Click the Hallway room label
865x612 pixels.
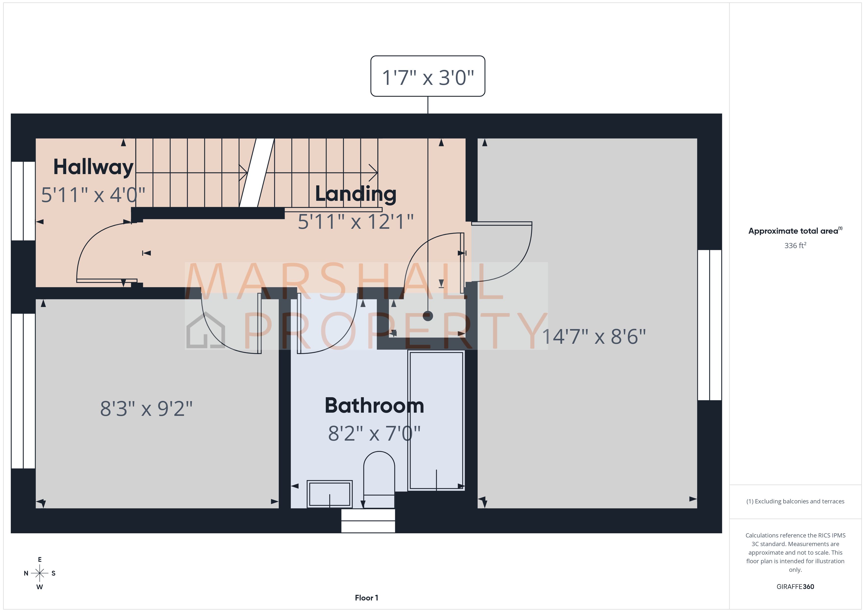93,167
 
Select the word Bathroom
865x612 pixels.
374,406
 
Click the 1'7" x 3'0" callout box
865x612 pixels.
428,76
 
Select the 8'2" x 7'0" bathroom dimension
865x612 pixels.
374,433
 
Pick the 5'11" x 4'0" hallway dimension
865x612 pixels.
93,195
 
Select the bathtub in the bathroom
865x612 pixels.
436,420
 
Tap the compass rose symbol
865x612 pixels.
39,573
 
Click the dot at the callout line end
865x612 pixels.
428,316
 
